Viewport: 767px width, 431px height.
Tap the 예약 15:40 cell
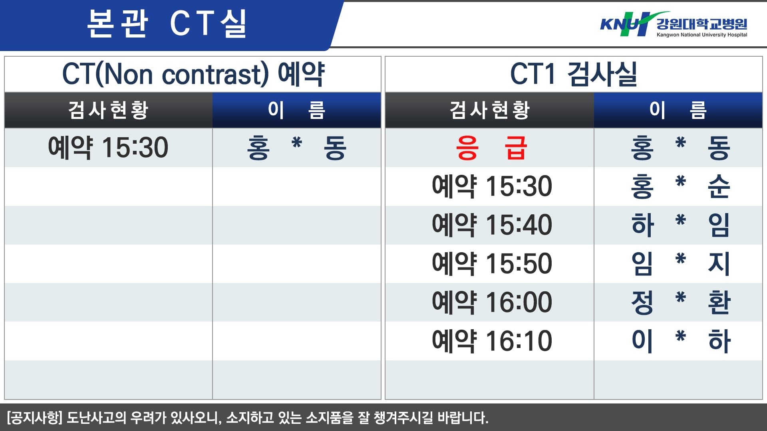click(x=492, y=225)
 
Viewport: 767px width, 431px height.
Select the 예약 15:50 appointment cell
click(x=492, y=263)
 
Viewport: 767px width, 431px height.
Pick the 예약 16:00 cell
click(x=492, y=302)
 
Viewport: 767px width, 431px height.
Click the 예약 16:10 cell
click(x=492, y=341)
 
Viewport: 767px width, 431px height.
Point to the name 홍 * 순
click(x=680, y=186)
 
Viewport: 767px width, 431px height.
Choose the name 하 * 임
click(x=680, y=225)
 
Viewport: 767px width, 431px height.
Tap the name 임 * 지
click(x=680, y=263)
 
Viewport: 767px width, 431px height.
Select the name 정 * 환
click(x=680, y=302)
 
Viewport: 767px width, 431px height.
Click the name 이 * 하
click(x=680, y=341)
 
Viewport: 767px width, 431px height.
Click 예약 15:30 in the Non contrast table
click(x=108, y=148)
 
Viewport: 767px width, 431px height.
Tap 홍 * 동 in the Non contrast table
click(x=296, y=148)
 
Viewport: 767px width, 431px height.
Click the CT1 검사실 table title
click(x=574, y=74)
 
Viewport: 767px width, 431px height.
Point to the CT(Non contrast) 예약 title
click(x=193, y=74)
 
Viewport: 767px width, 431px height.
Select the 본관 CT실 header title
click(x=167, y=24)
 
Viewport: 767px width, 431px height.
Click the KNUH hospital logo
click(x=674, y=24)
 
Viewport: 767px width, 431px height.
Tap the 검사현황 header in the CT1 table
click(x=490, y=110)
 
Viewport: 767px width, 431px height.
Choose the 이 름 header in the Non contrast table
click(x=296, y=110)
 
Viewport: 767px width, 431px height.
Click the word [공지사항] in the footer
click(x=35, y=417)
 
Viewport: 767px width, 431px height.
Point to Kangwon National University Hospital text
click(x=702, y=35)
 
